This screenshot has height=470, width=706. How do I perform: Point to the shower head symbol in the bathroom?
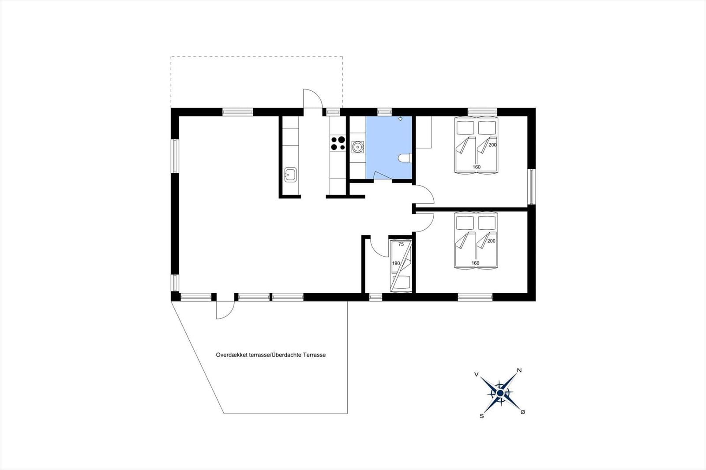[401, 119]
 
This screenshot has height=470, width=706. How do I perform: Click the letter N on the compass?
[519, 370]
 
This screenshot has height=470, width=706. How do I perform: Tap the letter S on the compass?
[481, 416]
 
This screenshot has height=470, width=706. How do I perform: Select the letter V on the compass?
[477, 374]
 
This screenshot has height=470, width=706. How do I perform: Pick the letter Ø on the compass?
[523, 412]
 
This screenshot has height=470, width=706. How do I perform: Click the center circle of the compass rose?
[500, 393]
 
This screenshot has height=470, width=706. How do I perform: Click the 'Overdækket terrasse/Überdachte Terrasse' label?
[271, 355]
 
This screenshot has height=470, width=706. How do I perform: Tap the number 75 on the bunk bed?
[401, 244]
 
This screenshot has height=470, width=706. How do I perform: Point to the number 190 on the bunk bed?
[396, 263]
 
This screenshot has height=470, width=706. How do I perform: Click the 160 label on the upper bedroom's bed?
[477, 167]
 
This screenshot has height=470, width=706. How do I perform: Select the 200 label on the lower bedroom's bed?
[492, 241]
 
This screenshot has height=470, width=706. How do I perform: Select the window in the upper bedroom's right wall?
[532, 187]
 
